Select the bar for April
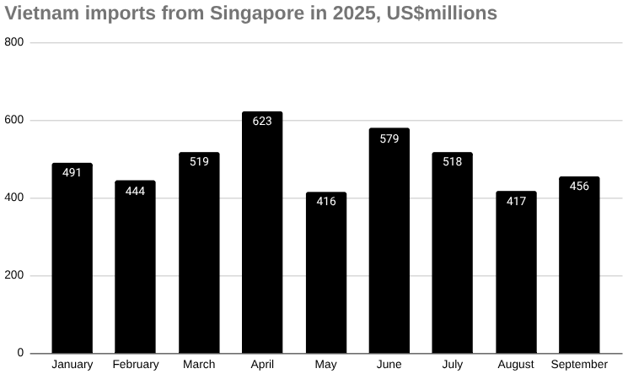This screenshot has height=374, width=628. pyautogui.click(x=262, y=232)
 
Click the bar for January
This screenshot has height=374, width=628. pyautogui.click(x=72, y=257)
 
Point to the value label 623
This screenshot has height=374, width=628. pyautogui.click(x=262, y=122)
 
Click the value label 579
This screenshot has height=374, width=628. pyautogui.click(x=389, y=138)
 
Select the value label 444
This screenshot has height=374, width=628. pyautogui.click(x=135, y=191)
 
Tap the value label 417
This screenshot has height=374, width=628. pyautogui.click(x=516, y=201)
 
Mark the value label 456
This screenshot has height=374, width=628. pyautogui.click(x=579, y=186)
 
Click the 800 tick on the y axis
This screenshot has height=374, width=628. pyautogui.click(x=14, y=42)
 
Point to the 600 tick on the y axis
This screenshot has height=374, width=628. pyautogui.click(x=14, y=120)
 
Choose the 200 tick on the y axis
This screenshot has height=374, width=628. pyautogui.click(x=14, y=275)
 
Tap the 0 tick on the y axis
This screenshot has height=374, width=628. pyautogui.click(x=20, y=353)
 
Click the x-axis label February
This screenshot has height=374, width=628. pyautogui.click(x=135, y=365)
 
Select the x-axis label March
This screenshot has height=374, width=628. pyautogui.click(x=199, y=365)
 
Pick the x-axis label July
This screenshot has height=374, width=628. pyautogui.click(x=452, y=365)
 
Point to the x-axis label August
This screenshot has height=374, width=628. pyautogui.click(x=516, y=365)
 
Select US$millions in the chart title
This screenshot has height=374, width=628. pyautogui.click(x=438, y=14)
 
